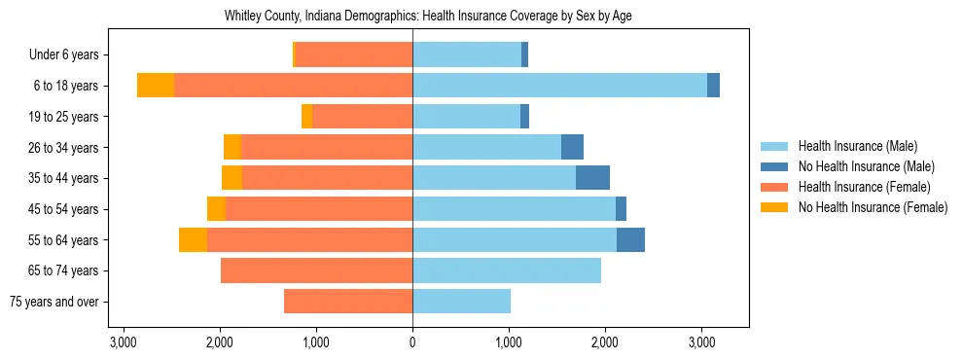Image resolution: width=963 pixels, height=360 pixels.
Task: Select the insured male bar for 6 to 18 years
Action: tap(559, 86)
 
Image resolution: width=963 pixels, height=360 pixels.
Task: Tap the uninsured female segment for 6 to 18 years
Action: tap(156, 86)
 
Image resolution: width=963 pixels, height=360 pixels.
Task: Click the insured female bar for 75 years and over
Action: tap(348, 302)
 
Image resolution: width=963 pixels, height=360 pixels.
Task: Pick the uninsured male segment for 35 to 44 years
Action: tap(592, 178)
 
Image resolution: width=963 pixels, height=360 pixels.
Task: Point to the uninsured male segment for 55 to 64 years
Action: tap(630, 239)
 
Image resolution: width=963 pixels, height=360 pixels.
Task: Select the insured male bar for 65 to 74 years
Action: tap(507, 270)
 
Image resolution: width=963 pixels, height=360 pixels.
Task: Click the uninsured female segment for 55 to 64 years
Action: tap(193, 239)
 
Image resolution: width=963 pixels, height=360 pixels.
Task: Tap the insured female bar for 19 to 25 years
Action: tap(362, 117)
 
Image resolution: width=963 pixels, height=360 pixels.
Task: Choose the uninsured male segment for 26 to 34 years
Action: tap(572, 147)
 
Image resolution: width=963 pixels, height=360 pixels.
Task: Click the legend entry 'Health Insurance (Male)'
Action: tap(857, 146)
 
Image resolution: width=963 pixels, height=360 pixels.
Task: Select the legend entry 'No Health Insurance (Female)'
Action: tap(873, 207)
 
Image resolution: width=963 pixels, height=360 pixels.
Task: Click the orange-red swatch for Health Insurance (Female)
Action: tap(774, 187)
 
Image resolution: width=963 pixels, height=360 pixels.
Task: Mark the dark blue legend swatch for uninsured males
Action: tap(774, 166)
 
